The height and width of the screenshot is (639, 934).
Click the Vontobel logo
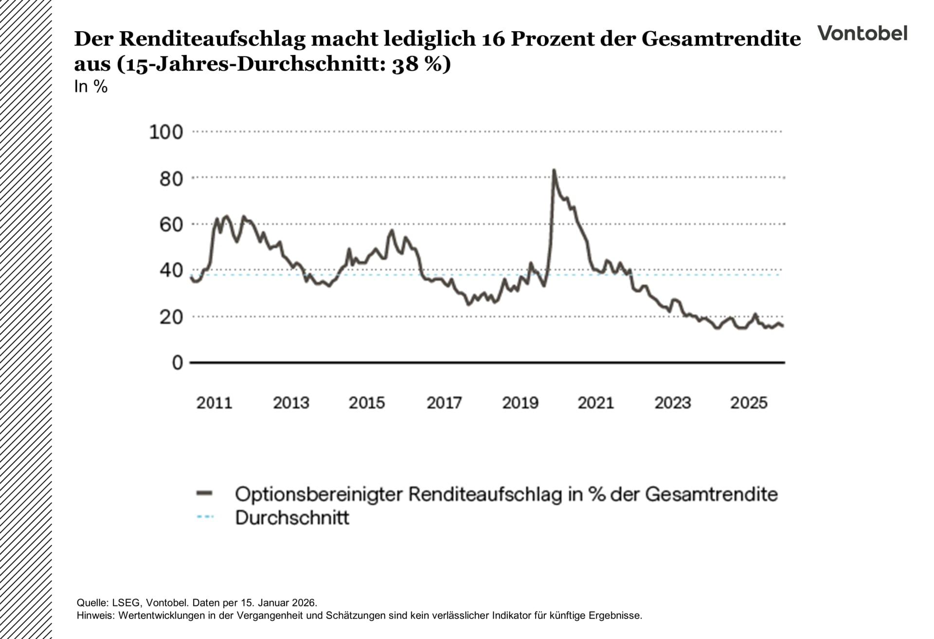coord(862,34)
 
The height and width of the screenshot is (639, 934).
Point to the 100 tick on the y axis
coord(166,132)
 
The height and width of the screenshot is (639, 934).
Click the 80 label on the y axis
coord(171,179)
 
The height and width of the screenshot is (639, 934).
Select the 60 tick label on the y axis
coord(171,225)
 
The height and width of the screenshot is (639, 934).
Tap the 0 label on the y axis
coord(178,363)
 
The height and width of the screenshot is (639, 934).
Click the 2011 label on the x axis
coord(214,403)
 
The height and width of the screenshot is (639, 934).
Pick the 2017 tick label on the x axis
coord(444,403)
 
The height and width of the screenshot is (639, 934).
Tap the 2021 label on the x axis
coord(595,403)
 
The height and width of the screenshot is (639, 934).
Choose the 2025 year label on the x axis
coord(749,403)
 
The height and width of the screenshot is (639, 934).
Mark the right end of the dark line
coord(783,326)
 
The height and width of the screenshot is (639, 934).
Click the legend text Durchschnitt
coord(292,518)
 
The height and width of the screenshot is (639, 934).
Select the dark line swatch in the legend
coord(205,494)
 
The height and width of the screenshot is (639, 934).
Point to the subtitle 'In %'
coord(91,87)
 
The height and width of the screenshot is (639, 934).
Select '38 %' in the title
coord(416,64)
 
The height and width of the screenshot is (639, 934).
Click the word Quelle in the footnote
coord(92,602)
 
